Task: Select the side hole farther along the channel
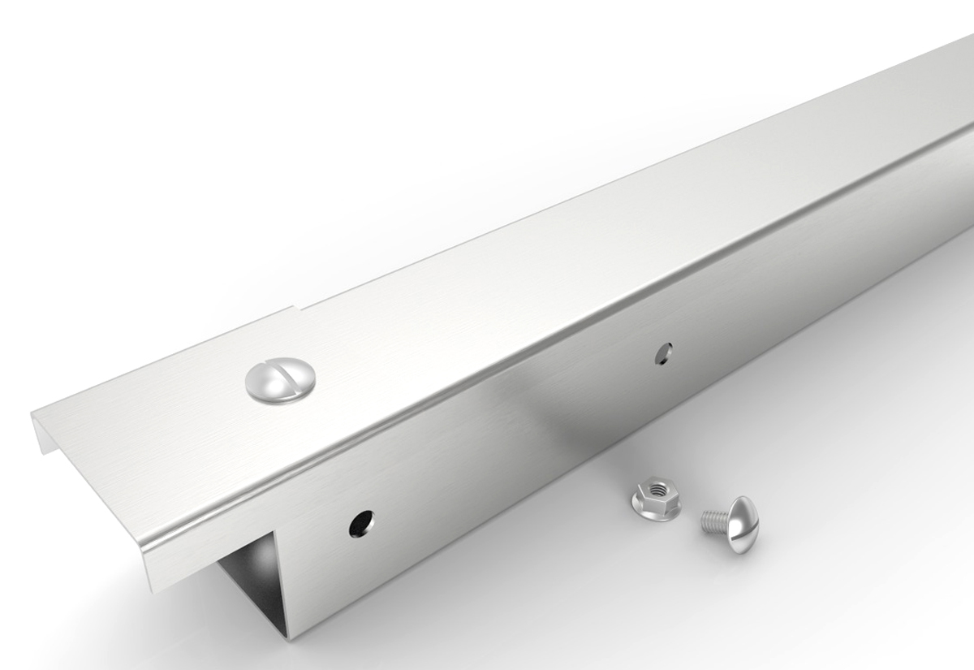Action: [665, 353]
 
